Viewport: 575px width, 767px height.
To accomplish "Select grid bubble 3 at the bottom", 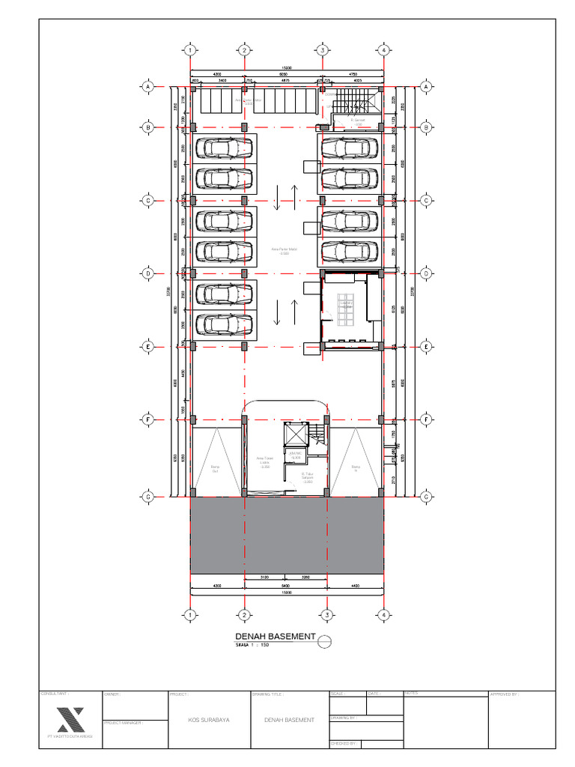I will pyautogui.click(x=326, y=615).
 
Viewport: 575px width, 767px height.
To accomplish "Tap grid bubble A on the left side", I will pyautogui.click(x=148, y=87).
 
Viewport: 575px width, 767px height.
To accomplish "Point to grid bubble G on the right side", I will pyautogui.click(x=426, y=497).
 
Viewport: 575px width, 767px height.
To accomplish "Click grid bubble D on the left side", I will pyautogui.click(x=148, y=274).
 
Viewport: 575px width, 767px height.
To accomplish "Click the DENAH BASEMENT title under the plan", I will pyautogui.click(x=275, y=637).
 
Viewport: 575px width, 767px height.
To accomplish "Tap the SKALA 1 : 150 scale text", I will pyautogui.click(x=253, y=644).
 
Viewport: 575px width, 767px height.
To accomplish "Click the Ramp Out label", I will pyautogui.click(x=214, y=468).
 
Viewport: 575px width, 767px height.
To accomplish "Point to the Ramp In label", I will pyautogui.click(x=356, y=468).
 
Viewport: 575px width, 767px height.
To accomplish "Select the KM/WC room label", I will pyautogui.click(x=295, y=455).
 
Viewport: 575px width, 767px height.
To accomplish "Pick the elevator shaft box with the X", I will pyautogui.click(x=297, y=434).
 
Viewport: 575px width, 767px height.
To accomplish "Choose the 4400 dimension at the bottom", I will pyautogui.click(x=355, y=586).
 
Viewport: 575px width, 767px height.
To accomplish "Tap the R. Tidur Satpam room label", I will pyautogui.click(x=307, y=476).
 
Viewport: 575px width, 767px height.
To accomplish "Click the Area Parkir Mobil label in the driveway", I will pyautogui.click(x=285, y=250).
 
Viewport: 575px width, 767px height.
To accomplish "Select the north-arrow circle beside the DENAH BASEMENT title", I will pyautogui.click(x=324, y=641).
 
